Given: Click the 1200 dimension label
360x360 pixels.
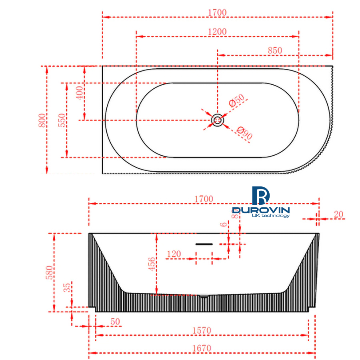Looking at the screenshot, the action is (217, 32).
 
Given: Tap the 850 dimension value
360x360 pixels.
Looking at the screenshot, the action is (275, 50).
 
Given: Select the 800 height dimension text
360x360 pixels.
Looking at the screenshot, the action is (42, 120).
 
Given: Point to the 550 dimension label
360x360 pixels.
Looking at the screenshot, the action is (62, 120).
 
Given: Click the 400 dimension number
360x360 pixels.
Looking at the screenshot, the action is (80, 93).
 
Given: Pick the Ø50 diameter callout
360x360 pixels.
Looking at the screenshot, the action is (237, 100).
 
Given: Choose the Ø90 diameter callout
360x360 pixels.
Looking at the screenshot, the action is (244, 133).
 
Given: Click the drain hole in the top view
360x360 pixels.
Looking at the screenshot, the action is (217, 120).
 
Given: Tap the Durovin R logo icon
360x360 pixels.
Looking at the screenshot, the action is (261, 195).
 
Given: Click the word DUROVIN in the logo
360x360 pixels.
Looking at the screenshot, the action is (261, 210).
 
